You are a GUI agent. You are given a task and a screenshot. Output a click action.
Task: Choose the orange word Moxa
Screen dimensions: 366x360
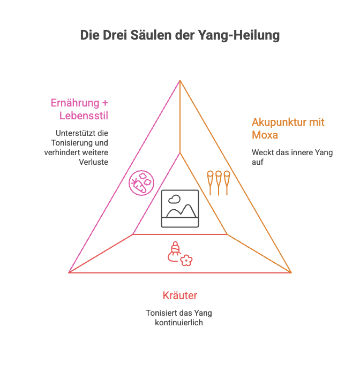click(x=265, y=134)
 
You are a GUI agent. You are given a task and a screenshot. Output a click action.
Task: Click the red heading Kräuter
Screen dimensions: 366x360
click(x=180, y=295)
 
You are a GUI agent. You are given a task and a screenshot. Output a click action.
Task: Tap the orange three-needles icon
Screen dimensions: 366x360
click(x=219, y=182)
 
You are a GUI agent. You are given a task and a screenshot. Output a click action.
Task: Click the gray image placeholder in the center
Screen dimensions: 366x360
click(x=179, y=208)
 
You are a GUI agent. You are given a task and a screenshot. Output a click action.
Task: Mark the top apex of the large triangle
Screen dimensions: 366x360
click(x=180, y=80)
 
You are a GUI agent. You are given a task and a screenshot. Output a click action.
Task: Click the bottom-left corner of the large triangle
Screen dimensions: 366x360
click(x=69, y=272)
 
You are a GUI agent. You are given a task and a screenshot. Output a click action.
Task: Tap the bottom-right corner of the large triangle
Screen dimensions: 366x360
click(x=291, y=272)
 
